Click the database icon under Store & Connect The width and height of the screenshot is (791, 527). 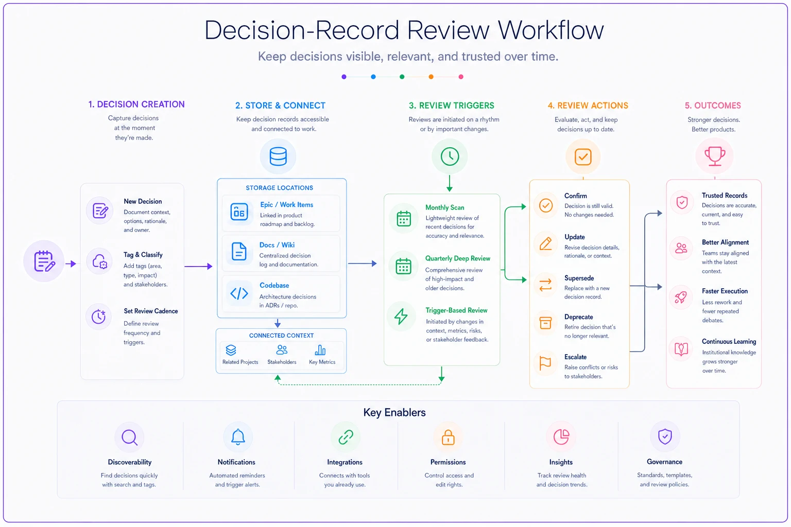click(x=278, y=156)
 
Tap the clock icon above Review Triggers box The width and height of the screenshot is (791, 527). click(x=450, y=156)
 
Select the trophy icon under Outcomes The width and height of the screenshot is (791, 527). click(x=715, y=156)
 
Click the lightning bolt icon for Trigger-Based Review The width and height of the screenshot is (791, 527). click(x=401, y=317)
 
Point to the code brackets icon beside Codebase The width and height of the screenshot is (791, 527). click(x=239, y=293)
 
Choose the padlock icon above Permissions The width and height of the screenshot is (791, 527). click(x=448, y=437)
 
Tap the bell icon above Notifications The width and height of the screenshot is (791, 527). click(x=237, y=437)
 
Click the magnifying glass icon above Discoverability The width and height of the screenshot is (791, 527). click(x=130, y=437)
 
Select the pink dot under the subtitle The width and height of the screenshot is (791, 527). click(x=461, y=77)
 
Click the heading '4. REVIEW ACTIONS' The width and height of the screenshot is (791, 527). click(x=588, y=106)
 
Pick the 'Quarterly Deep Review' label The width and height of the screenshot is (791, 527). click(x=458, y=258)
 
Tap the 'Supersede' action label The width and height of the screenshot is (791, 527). click(x=579, y=278)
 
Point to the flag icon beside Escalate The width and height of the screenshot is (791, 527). click(x=545, y=363)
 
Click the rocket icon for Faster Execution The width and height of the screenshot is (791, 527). click(x=681, y=297)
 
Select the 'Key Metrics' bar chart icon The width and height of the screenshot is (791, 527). click(x=320, y=350)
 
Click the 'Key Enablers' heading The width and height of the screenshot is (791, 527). click(x=394, y=412)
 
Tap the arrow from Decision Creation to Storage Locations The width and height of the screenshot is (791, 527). click(x=198, y=266)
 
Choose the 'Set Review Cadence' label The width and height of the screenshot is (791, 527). click(x=151, y=311)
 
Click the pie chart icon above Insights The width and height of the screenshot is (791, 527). click(x=561, y=437)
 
